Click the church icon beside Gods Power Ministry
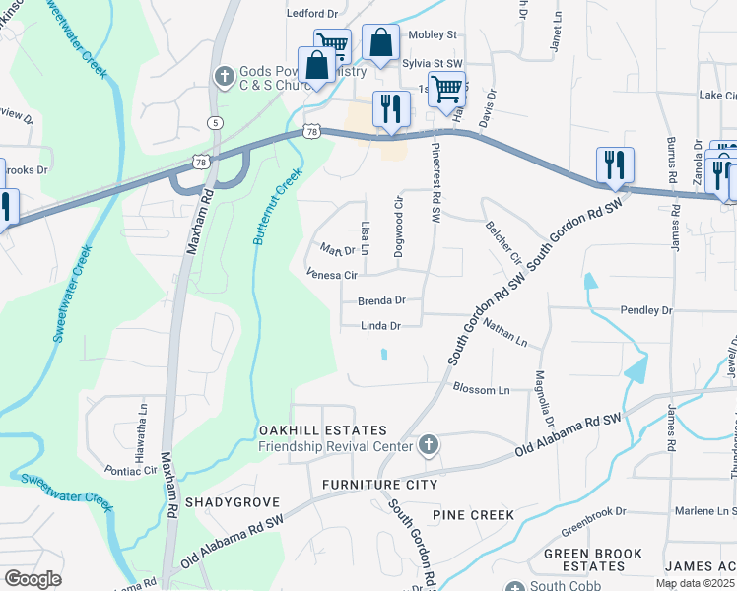[x=225, y=76]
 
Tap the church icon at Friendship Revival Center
[x=428, y=446]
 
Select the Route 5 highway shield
[x=216, y=122]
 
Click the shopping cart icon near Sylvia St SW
[x=332, y=45]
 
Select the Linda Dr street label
[x=380, y=326]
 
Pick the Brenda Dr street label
[x=381, y=299]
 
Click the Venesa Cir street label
[x=330, y=275]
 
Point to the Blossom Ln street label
[x=481, y=390]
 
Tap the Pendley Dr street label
[x=645, y=310]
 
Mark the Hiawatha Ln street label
[x=142, y=414]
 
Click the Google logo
[x=33, y=579]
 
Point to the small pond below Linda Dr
[x=384, y=355]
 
